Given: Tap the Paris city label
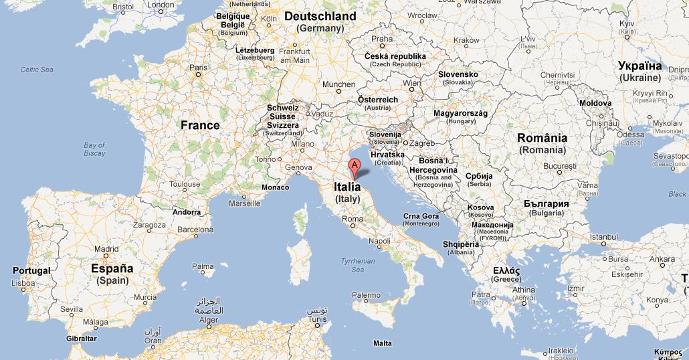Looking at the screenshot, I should pyautogui.click(x=198, y=68).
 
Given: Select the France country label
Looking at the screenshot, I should pyautogui.click(x=200, y=125).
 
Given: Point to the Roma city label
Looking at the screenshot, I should pyautogui.click(x=352, y=219).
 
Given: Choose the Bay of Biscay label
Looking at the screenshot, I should pyautogui.click(x=94, y=149).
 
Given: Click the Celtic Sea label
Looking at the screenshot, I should pyautogui.click(x=36, y=70).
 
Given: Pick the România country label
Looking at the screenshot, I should pyautogui.click(x=543, y=138).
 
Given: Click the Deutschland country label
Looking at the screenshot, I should pyautogui.click(x=320, y=15).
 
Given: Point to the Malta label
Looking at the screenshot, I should pyautogui.click(x=383, y=343).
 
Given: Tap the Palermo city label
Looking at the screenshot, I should pyautogui.click(x=366, y=295).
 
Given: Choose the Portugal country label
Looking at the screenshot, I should pyautogui.click(x=31, y=270).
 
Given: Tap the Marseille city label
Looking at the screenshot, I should pyautogui.click(x=245, y=203).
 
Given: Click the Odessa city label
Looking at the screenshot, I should pyautogui.click(x=631, y=134).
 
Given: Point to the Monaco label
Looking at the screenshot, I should pyautogui.click(x=275, y=187).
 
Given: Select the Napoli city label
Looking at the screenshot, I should pyautogui.click(x=379, y=241).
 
